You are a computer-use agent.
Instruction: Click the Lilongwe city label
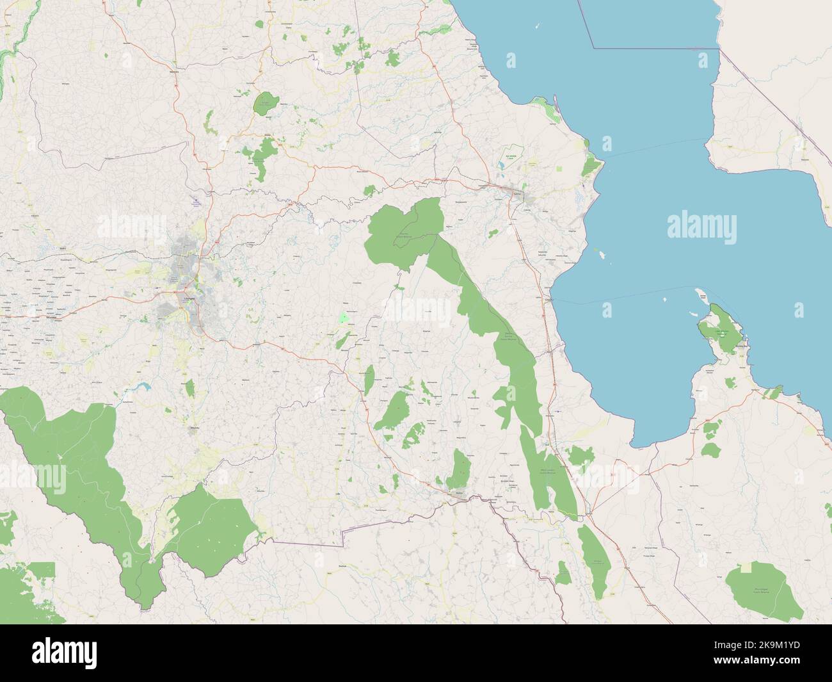188,298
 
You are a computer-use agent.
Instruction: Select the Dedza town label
459,493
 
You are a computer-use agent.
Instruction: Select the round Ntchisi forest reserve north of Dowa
264,104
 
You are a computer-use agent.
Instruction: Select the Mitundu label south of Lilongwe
196,428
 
